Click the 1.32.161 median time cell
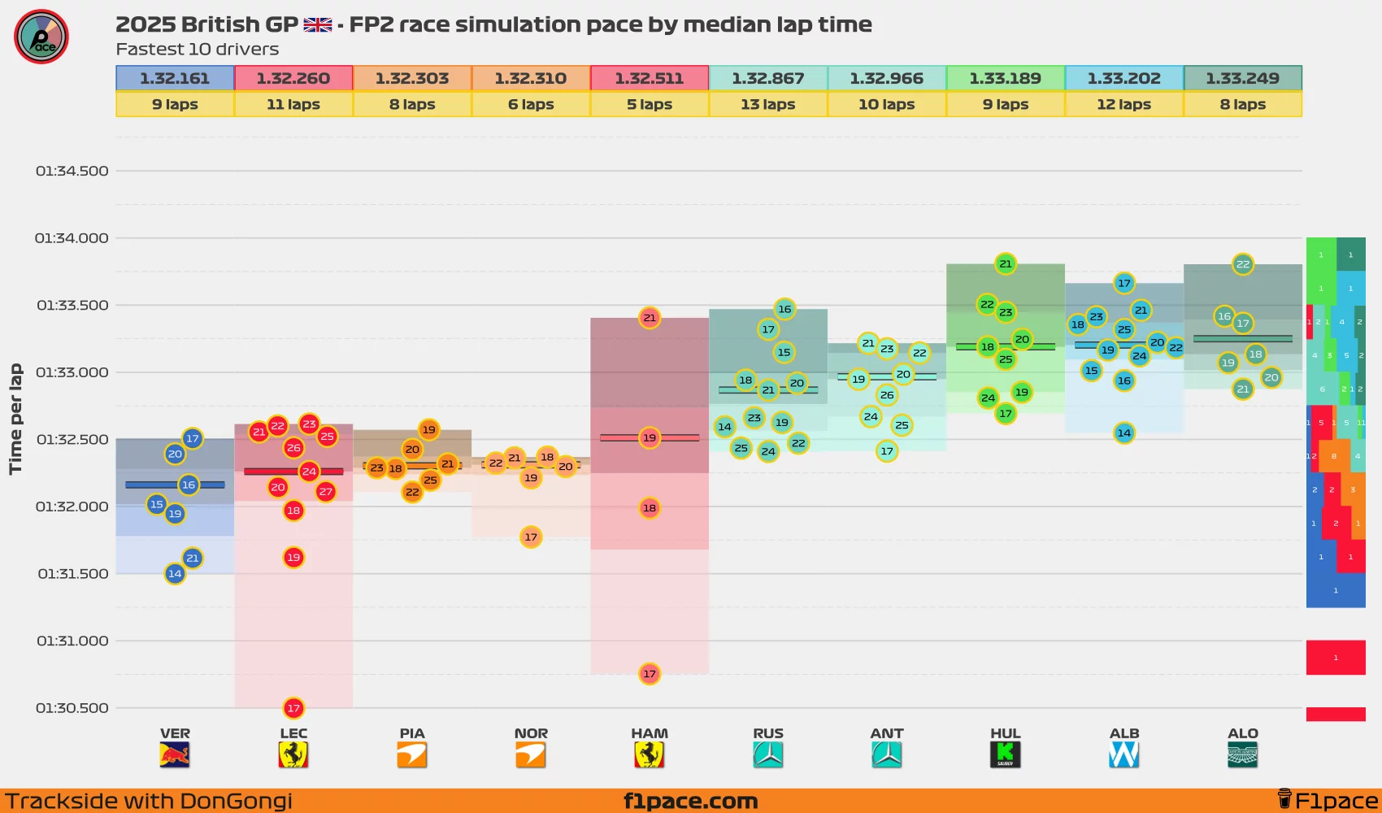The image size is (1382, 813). tap(175, 78)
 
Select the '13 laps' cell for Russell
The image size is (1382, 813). tap(767, 104)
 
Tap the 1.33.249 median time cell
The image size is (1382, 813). tap(1242, 78)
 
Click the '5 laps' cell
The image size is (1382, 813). tap(649, 104)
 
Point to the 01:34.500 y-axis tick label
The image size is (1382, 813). tap(72, 171)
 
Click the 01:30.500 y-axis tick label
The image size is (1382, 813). tap(72, 708)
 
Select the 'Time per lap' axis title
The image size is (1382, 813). tap(15, 419)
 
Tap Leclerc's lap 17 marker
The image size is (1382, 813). tap(293, 708)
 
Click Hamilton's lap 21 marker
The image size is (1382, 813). tap(649, 318)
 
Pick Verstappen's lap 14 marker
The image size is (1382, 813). tap(175, 574)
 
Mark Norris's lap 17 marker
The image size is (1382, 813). tap(531, 537)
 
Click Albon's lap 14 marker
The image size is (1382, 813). tap(1123, 433)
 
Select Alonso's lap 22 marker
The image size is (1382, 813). tap(1242, 264)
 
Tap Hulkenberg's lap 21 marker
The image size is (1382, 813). tap(1006, 263)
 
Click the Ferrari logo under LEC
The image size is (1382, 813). tap(293, 755)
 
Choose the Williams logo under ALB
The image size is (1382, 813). tap(1123, 755)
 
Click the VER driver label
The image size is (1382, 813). tap(175, 733)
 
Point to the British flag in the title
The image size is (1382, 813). tap(318, 25)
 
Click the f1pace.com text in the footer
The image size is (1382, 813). tap(690, 801)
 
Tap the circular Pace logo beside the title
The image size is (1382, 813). tap(41, 37)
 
